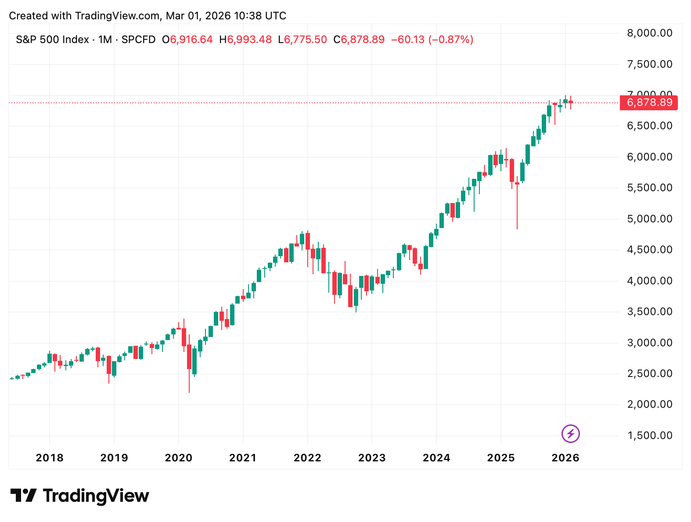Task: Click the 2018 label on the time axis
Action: point(50,458)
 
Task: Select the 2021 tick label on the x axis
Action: point(243,458)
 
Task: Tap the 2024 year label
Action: point(436,458)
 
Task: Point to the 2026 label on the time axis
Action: point(565,458)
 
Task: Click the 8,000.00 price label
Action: point(650,33)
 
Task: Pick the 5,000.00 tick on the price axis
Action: point(650,219)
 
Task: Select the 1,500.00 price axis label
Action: point(650,435)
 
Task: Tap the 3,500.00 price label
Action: point(650,312)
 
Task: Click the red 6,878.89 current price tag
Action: point(649,103)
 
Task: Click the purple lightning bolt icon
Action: point(571,434)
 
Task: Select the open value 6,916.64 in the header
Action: point(191,40)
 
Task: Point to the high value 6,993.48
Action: point(249,40)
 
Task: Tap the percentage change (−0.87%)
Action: point(451,40)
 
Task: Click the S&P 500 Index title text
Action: point(53,40)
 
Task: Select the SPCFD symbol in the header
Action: point(138,40)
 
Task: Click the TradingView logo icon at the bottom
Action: point(23,496)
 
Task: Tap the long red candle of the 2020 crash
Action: point(189,357)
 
